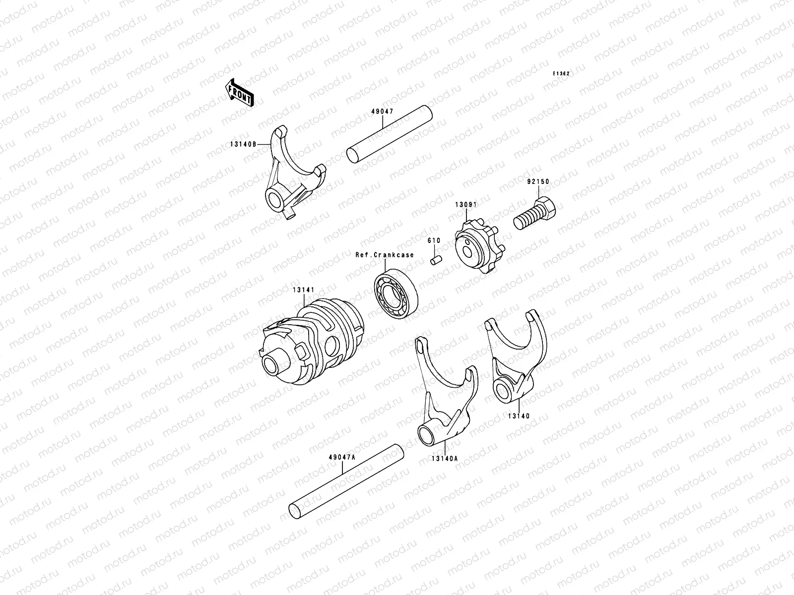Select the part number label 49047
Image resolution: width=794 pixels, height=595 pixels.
[382, 112]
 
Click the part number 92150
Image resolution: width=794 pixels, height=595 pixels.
[538, 182]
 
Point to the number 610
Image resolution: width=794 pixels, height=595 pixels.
[434, 240]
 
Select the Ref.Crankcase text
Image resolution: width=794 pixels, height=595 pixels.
[384, 255]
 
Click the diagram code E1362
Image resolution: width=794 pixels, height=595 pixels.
[562, 73]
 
